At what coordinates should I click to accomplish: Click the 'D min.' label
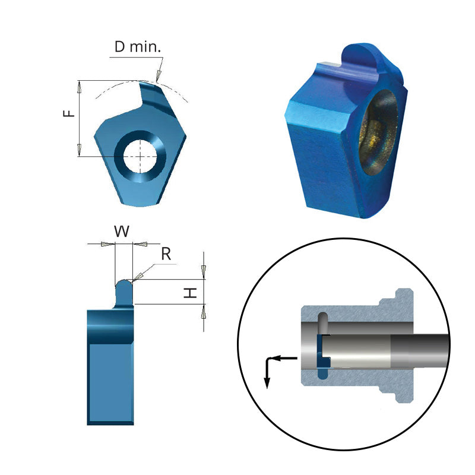(137, 47)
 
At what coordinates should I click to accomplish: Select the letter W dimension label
(122, 232)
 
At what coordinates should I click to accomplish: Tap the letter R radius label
(166, 254)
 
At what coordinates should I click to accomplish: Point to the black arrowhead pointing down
(267, 384)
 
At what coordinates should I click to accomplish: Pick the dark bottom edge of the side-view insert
(111, 422)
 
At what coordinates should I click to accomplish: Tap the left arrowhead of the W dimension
(106, 244)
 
